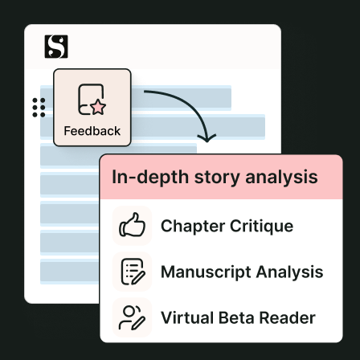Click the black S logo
[56, 47]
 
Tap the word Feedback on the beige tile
[92, 131]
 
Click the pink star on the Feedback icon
[98, 107]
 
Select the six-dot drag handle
[39, 108]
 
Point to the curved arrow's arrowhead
[207, 137]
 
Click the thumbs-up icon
[132, 225]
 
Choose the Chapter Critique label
[227, 226]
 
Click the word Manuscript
[207, 272]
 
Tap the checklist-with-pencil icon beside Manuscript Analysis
[133, 272]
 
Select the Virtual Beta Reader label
[238, 317]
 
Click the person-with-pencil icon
[132, 317]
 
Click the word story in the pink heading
[217, 178]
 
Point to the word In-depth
[150, 178]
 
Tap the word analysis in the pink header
[281, 178]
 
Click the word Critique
[261, 226]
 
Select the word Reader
[288, 317]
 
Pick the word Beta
[236, 317]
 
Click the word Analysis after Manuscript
[290, 272]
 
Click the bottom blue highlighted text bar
[69, 272]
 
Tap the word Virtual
[186, 317]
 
